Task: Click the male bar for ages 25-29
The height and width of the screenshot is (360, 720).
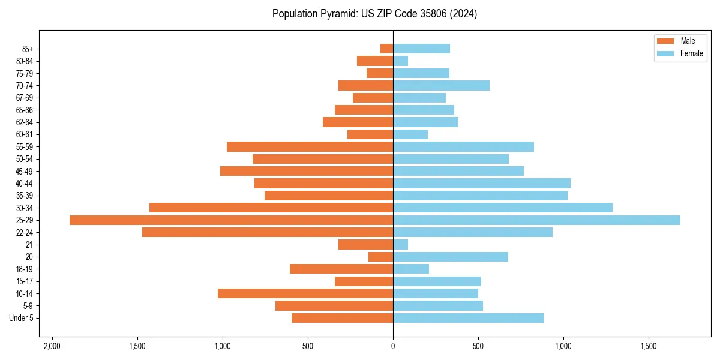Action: [231, 220]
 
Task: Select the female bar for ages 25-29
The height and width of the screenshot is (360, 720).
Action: [536, 220]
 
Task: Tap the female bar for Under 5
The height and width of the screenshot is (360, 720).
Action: [468, 318]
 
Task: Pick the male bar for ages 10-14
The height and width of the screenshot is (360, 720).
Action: [305, 293]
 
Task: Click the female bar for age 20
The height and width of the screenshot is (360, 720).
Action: [451, 257]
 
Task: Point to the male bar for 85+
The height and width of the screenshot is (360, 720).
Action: [387, 49]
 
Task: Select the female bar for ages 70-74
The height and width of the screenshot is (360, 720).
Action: [441, 85]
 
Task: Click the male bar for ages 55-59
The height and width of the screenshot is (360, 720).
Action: [310, 146]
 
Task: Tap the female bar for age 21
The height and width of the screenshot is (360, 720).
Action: [401, 245]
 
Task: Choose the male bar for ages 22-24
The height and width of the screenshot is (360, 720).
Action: [268, 232]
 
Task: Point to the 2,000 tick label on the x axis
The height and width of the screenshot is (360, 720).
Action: [52, 346]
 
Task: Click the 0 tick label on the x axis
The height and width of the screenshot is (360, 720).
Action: [393, 346]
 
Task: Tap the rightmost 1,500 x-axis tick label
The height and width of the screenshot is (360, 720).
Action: [649, 346]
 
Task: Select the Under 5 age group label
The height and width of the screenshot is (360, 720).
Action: [21, 318]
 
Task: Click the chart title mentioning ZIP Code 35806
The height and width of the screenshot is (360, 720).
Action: [374, 14]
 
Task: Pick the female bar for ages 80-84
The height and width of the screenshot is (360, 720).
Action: [401, 61]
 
